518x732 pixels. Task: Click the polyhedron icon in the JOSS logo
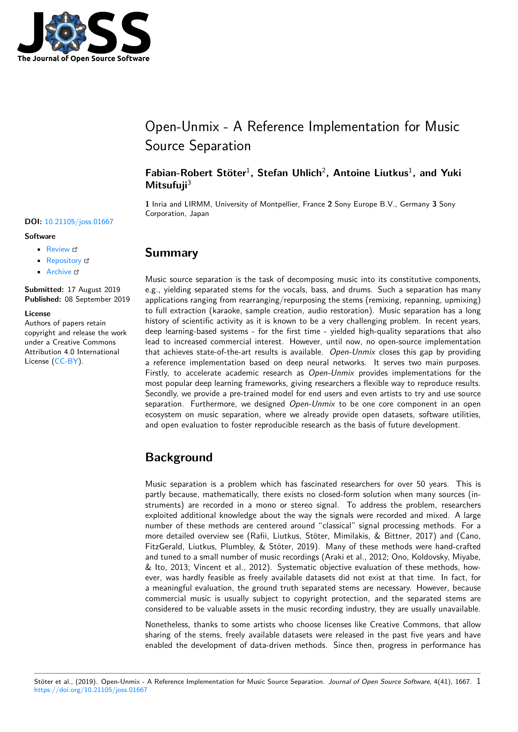(66, 33)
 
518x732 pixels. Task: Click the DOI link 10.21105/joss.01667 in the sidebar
(79, 222)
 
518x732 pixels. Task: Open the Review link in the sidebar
(58, 249)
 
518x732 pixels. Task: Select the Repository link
(64, 260)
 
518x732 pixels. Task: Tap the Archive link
(59, 272)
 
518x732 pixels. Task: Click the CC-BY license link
(66, 361)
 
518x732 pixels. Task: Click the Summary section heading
(171, 253)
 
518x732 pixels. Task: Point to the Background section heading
(179, 457)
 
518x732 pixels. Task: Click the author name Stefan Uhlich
(289, 173)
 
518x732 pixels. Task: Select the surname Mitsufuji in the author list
(166, 185)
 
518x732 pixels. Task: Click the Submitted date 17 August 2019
(94, 289)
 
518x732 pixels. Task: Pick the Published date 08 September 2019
(97, 299)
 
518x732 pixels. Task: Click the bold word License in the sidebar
(38, 314)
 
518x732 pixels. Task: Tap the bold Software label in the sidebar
(40, 236)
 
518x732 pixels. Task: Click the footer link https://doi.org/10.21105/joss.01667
(91, 690)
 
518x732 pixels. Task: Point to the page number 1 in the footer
(479, 681)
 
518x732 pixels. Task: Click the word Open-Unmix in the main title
(182, 127)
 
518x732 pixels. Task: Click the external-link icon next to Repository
(87, 261)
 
